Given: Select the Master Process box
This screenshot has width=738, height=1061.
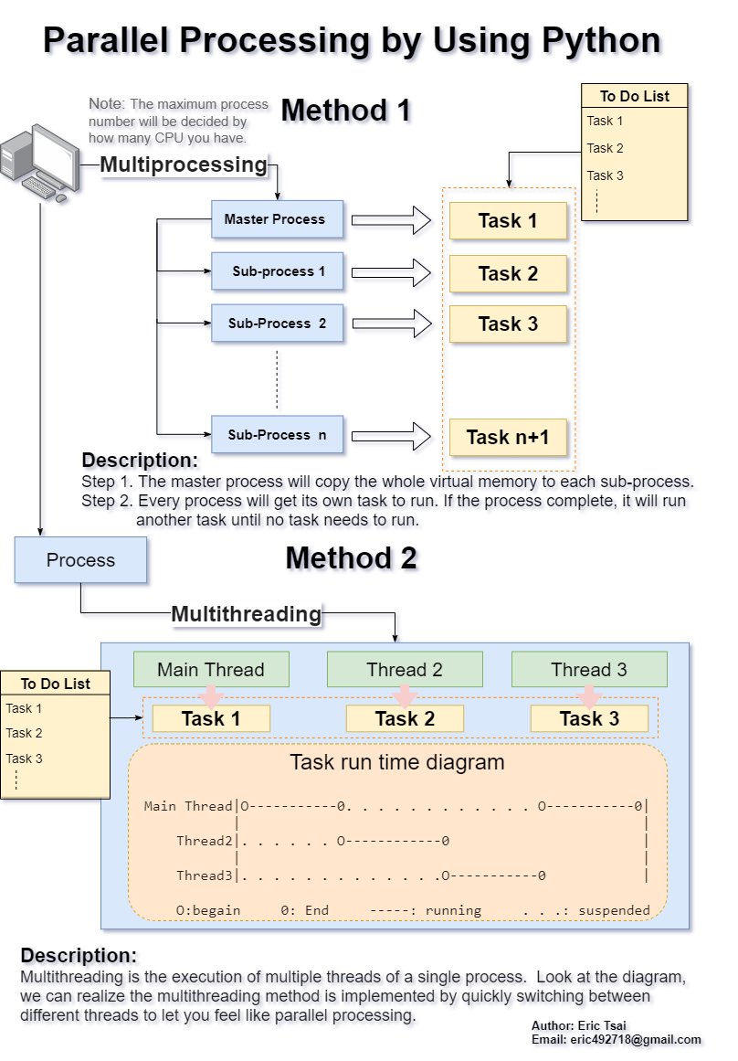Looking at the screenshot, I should pos(277,219).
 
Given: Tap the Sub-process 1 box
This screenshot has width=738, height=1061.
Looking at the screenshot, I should pos(277,271).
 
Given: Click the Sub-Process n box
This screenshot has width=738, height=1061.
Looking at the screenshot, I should pos(277,435).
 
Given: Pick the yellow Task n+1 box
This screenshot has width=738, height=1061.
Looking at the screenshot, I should pos(508,438).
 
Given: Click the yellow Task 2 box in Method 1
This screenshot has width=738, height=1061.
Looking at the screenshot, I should pos(508,273).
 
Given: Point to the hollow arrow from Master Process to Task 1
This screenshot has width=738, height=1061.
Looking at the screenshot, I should pos(390,220).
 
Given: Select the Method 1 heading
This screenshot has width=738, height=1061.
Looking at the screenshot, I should pos(346,111).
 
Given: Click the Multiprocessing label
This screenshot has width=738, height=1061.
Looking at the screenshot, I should pos(183,165).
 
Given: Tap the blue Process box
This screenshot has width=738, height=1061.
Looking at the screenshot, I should pos(80,560).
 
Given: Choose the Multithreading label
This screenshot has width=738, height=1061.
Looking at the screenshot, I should pos(247,614).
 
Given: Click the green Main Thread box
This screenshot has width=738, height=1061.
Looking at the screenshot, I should pos(211,670).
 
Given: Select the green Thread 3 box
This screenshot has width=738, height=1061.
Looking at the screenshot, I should pos(589,670).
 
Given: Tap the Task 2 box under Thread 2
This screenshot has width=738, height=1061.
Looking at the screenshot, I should pos(405,719).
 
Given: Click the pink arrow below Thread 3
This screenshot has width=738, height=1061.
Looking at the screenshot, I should pos(589,697).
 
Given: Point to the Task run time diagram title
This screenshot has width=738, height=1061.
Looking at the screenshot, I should pos(396,762).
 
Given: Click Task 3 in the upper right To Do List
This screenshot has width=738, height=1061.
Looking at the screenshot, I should pos(606,175).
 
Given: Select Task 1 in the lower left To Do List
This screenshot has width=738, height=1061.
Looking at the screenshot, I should pos(25,708).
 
